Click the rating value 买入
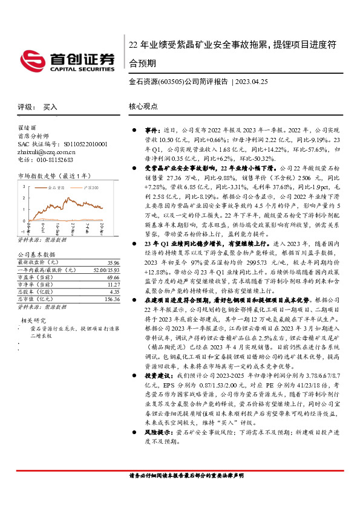[50, 106]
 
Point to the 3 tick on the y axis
[23, 186]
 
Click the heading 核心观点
[143, 106]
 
